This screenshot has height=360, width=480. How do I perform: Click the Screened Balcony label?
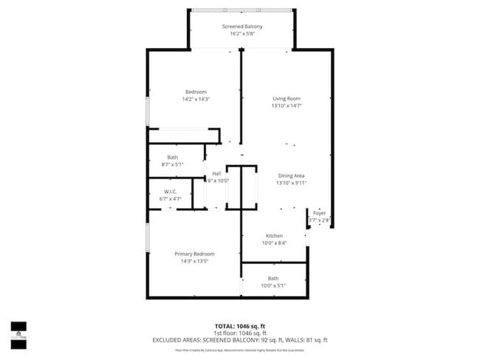point(242,27)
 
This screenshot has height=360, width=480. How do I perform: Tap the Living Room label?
point(287,98)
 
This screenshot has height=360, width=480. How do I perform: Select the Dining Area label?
point(291,176)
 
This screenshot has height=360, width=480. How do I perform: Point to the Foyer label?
point(319,213)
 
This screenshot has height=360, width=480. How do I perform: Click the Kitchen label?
point(274,236)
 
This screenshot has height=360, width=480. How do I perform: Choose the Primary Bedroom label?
point(194,254)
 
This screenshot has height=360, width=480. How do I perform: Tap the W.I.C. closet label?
point(171,192)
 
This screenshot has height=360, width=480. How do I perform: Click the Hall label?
point(216,173)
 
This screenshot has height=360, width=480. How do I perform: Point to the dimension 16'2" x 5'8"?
point(242,34)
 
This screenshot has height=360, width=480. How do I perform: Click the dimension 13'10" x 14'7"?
point(287,105)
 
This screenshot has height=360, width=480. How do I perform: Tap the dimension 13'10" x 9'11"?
point(291,183)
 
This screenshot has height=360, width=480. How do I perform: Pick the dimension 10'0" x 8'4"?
point(274,243)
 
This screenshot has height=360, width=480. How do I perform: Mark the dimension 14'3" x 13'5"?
point(194,261)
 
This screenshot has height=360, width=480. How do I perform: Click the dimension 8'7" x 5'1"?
point(172,165)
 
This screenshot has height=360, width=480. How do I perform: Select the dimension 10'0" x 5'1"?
point(273,285)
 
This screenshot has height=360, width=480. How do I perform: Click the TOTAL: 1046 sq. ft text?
point(240,325)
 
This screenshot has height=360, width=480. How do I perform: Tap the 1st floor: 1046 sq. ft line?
point(240,333)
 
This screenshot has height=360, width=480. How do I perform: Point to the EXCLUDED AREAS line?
point(240,340)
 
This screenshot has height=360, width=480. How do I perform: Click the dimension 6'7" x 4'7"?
point(171,199)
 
